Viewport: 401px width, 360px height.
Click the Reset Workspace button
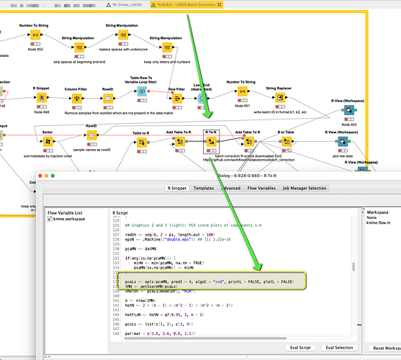(x=384, y=348)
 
